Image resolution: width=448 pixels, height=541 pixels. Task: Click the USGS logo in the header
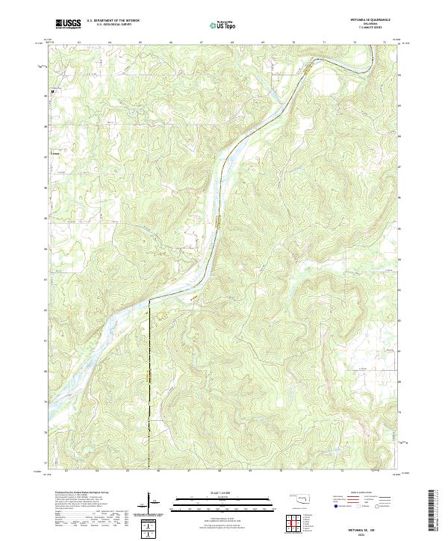click(x=68, y=24)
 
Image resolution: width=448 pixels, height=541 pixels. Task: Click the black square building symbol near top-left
click(x=52, y=92)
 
